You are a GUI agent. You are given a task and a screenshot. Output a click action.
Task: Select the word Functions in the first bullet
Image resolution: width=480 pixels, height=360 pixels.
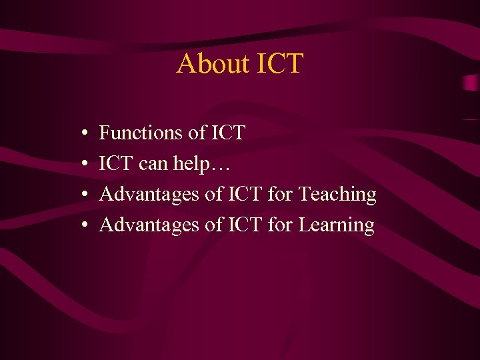click(141, 133)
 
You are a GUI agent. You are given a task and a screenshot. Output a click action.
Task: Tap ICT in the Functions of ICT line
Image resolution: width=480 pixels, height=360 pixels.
click(227, 133)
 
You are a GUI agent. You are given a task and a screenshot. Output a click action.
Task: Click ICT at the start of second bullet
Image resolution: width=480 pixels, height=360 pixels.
click(117, 163)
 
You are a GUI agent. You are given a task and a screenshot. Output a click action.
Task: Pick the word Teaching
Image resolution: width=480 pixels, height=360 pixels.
click(337, 195)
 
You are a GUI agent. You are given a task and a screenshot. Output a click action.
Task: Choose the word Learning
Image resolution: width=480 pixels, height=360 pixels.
click(336, 225)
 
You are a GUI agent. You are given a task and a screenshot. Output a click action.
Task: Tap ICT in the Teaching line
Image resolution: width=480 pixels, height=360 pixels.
click(245, 194)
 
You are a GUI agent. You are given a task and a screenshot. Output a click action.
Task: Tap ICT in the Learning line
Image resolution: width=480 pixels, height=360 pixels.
click(245, 225)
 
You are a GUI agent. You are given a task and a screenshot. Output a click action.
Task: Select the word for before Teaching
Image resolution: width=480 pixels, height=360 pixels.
click(280, 194)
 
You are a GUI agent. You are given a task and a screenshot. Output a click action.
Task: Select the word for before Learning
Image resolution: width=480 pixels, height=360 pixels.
click(280, 225)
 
